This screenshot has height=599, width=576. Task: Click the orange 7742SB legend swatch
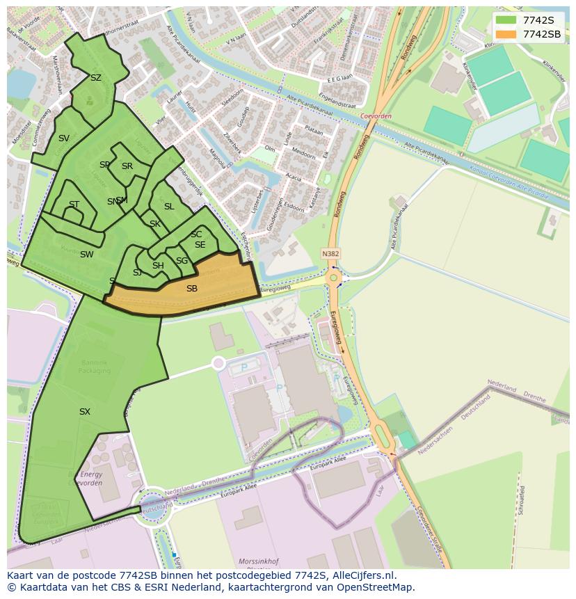tap(506, 34)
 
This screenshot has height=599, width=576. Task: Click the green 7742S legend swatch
tap(506, 20)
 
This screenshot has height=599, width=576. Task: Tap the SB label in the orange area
tap(192, 288)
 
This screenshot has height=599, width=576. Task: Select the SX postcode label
tap(84, 412)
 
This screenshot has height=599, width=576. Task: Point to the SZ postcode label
tap(95, 78)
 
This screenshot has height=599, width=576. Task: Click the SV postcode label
tap(63, 138)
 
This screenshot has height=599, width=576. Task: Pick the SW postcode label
tap(86, 255)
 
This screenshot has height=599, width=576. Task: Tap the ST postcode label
tap(74, 205)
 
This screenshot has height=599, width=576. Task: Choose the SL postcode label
tap(169, 207)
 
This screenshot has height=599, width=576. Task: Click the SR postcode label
tap(127, 166)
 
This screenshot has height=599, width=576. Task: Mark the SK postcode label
tap(155, 224)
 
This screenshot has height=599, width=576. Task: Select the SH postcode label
tap(158, 266)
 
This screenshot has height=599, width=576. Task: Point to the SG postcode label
tap(182, 261)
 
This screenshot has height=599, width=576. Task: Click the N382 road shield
tap(330, 254)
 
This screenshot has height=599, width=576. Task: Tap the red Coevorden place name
tap(376, 116)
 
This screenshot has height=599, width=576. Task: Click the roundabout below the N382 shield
tap(334, 278)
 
